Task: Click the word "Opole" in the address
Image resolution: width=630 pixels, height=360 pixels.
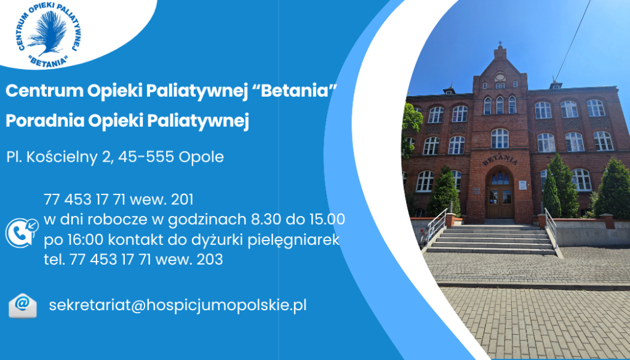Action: [x=201, y=157]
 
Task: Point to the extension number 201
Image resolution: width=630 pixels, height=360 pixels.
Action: [x=182, y=199]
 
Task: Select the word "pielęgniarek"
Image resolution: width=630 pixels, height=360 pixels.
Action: [x=293, y=240]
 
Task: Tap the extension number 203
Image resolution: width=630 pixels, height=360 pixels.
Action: [x=210, y=260]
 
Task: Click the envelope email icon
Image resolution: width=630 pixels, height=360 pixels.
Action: [x=23, y=306]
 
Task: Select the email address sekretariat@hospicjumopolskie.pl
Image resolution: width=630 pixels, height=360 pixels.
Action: [x=178, y=305]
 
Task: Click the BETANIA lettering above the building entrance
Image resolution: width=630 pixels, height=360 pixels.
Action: [x=500, y=161]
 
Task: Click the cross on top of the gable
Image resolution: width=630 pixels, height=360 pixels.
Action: [x=500, y=44]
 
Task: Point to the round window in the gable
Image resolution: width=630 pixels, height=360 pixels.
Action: [x=500, y=76]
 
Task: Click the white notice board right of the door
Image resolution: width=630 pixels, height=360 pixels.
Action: [x=522, y=185]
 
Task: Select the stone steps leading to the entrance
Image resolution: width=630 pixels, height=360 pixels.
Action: [x=492, y=238]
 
